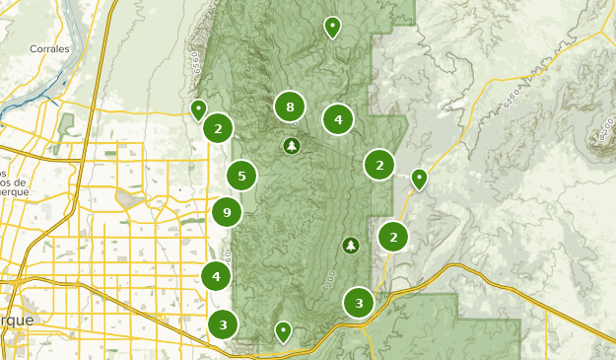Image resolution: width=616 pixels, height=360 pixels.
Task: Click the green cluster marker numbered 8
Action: tap(290, 107)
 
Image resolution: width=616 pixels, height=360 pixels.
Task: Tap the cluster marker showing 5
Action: tap(241, 176)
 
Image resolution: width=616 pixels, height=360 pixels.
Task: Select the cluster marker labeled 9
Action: tap(228, 211)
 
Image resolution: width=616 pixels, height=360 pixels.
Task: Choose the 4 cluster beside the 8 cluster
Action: tap(338, 119)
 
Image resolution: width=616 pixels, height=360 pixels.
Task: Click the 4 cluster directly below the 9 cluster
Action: tap(217, 276)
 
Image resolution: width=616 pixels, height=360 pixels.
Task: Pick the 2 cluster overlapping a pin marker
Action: tap(218, 127)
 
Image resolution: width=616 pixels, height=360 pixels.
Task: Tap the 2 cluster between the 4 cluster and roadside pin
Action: tap(379, 165)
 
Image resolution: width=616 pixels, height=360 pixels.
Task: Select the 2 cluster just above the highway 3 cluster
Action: tap(393, 236)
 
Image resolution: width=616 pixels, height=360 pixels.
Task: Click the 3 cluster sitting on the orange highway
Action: tap(359, 303)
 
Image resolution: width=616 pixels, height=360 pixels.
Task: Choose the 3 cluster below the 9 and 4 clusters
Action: tap(224, 324)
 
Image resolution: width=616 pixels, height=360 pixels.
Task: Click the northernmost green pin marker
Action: tap(332, 27)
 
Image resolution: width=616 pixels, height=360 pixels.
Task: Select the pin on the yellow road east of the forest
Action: tap(419, 178)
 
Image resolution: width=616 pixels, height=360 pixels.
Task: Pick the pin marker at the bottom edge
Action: tap(283, 330)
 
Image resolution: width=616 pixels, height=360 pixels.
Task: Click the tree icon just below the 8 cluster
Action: tap(291, 146)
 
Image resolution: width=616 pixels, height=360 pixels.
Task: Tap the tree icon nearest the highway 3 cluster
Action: tap(350, 245)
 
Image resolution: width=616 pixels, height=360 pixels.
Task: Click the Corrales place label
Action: tap(48, 47)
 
